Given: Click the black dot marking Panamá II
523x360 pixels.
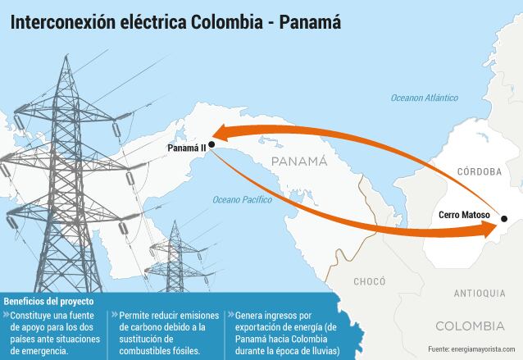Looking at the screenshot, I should point(211,144).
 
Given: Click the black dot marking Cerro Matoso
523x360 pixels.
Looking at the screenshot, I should point(504,219).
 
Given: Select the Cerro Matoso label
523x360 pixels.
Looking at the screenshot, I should point(464,216).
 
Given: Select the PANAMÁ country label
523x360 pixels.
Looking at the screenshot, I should point(298,161).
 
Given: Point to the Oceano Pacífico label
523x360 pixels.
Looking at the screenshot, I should point(242,199).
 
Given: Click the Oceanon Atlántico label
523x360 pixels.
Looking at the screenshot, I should point(424,98).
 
